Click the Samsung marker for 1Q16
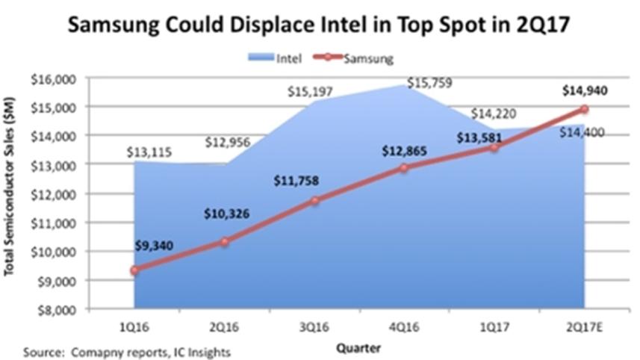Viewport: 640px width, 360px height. click(x=134, y=270)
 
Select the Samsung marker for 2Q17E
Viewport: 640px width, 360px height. click(x=584, y=109)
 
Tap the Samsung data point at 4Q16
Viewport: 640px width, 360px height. click(x=404, y=168)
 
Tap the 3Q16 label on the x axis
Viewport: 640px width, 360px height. click(x=314, y=326)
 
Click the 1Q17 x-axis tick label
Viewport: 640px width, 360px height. click(x=494, y=326)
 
